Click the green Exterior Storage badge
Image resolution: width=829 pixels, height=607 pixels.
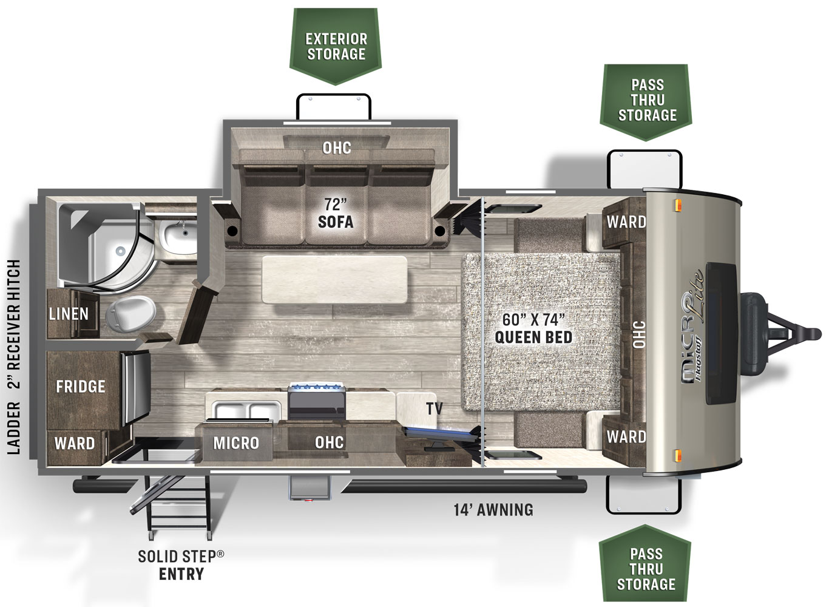point(335,46)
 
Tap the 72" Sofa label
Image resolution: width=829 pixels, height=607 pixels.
point(336,213)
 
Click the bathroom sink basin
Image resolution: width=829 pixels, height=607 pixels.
point(180,236)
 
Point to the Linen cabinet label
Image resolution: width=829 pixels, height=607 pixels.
point(69,314)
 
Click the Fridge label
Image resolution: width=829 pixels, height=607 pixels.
point(81,387)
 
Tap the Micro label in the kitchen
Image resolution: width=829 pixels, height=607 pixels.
point(236,443)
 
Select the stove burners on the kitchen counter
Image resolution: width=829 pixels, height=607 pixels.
point(317,387)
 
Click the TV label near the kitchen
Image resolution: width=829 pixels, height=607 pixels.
point(434,409)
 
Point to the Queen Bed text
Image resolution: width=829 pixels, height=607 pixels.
point(533,337)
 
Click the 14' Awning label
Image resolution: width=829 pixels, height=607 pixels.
point(493,510)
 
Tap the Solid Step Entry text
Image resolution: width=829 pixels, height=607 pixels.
point(181,565)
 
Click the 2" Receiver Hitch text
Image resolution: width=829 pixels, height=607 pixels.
point(14,324)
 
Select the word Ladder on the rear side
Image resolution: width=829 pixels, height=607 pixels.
point(14,428)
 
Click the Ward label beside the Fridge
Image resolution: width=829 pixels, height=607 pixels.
point(75,443)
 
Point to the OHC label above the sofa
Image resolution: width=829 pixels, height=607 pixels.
point(336,148)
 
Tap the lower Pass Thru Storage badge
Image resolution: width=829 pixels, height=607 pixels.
point(646,563)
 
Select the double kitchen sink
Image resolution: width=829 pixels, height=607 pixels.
point(247,411)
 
